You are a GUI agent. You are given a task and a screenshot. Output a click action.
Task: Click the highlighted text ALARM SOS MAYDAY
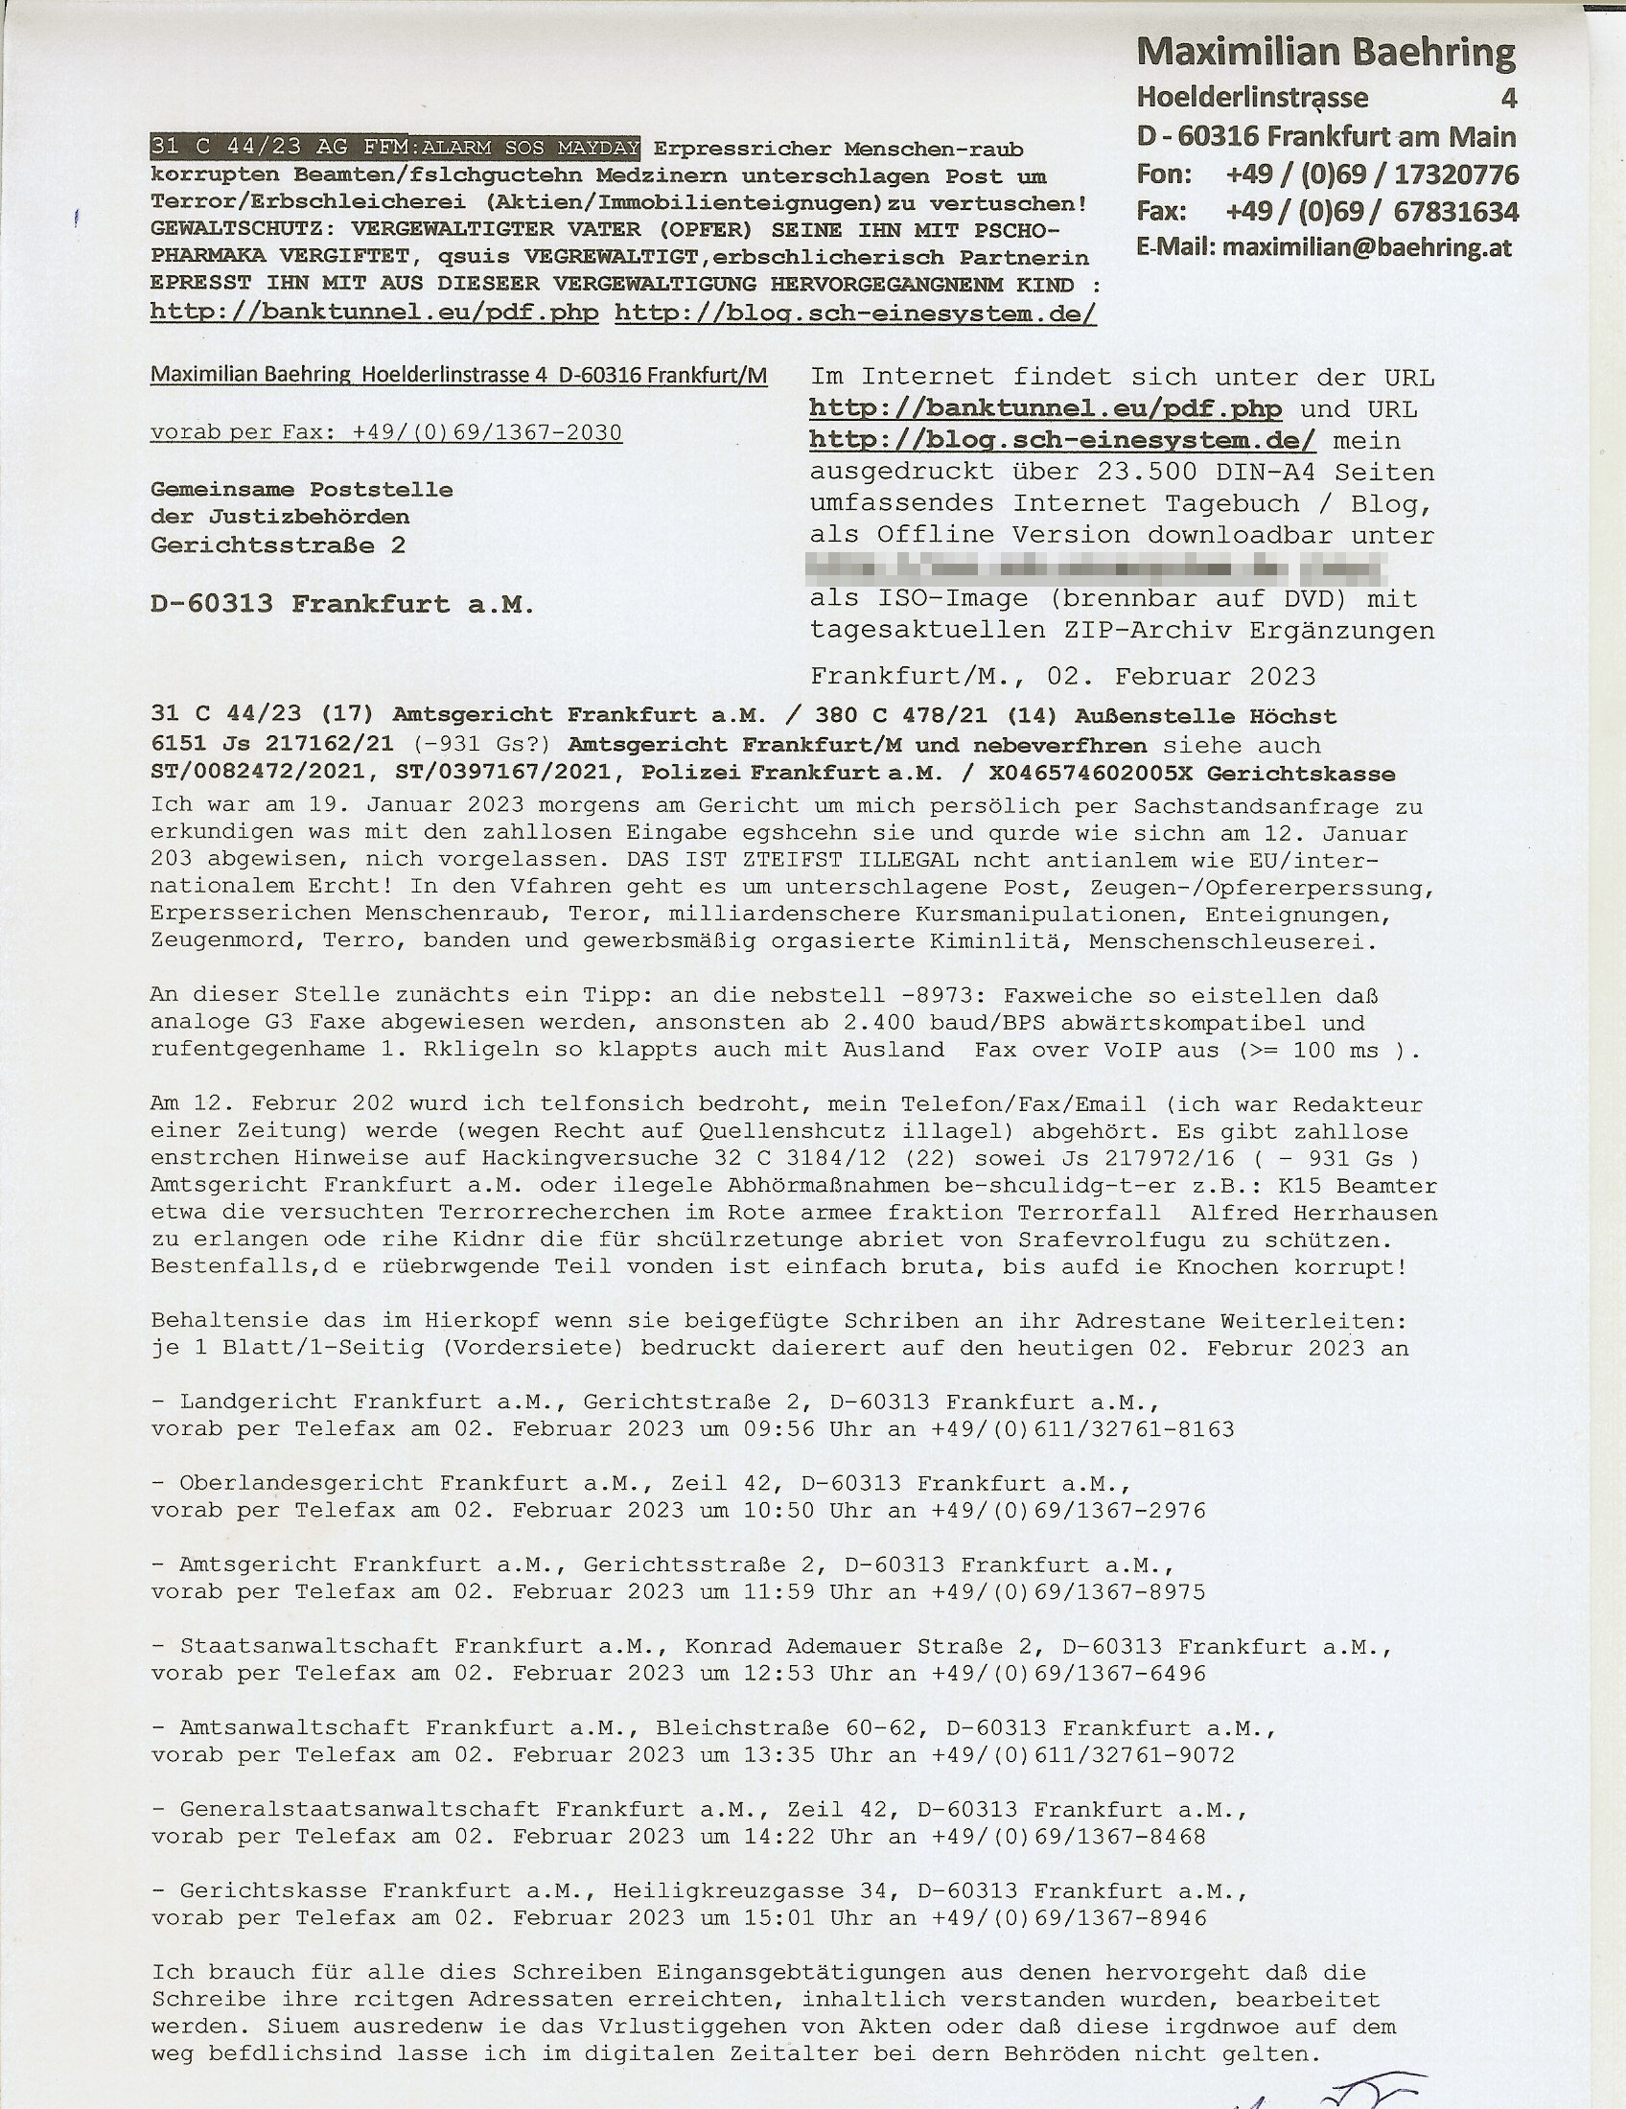click(530, 148)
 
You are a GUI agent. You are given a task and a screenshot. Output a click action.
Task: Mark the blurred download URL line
click(1099, 567)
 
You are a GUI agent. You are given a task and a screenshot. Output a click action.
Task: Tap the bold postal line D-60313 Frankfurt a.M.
click(342, 605)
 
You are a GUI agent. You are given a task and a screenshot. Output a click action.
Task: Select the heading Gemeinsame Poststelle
click(301, 490)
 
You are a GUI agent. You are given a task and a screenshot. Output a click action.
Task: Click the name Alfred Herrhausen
click(1314, 1213)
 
